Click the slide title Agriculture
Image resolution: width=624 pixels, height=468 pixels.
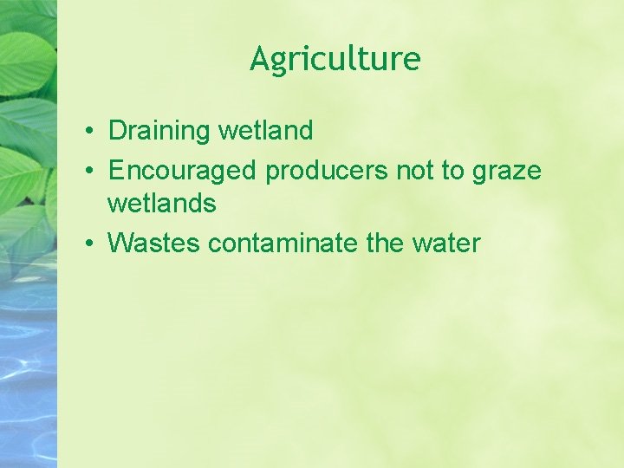point(335,59)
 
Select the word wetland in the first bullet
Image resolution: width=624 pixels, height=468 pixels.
point(265,132)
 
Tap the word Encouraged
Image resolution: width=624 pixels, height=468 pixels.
point(182,171)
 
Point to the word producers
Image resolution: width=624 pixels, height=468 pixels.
point(327,171)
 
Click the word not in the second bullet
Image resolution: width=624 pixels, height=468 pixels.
point(415,171)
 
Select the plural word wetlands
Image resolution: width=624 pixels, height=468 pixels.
point(161,204)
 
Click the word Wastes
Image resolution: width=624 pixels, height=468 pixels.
point(154,243)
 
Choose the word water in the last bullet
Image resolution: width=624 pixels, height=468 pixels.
point(446,243)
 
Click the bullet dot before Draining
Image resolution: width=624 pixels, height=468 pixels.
point(90,133)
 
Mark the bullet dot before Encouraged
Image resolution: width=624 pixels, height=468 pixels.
point(90,172)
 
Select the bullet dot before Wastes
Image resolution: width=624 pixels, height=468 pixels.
point(90,244)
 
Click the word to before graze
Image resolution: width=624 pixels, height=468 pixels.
point(453,171)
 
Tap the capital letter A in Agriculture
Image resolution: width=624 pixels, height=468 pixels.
point(260,59)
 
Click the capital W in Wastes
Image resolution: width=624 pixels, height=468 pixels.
point(120,243)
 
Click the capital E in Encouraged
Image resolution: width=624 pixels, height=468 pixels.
point(115,171)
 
